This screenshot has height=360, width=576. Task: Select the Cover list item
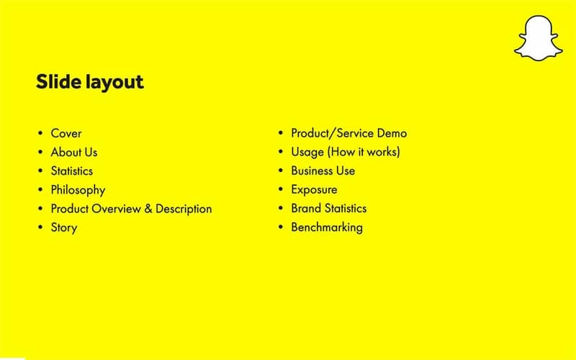[x=66, y=133]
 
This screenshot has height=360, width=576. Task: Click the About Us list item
[x=73, y=152]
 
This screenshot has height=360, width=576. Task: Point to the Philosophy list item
[x=78, y=190]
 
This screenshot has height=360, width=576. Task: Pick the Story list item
[x=63, y=228]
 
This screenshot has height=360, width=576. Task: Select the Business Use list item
[x=323, y=171]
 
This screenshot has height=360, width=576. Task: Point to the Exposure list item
[x=314, y=189]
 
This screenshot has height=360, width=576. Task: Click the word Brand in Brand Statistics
[x=306, y=208]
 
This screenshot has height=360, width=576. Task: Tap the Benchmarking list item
[x=326, y=228]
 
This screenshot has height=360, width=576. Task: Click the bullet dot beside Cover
[x=40, y=134]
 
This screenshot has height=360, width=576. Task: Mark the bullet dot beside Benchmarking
[x=281, y=228]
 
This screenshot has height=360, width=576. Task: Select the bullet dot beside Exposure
[x=281, y=190]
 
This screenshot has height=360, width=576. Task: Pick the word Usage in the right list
[x=307, y=153]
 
